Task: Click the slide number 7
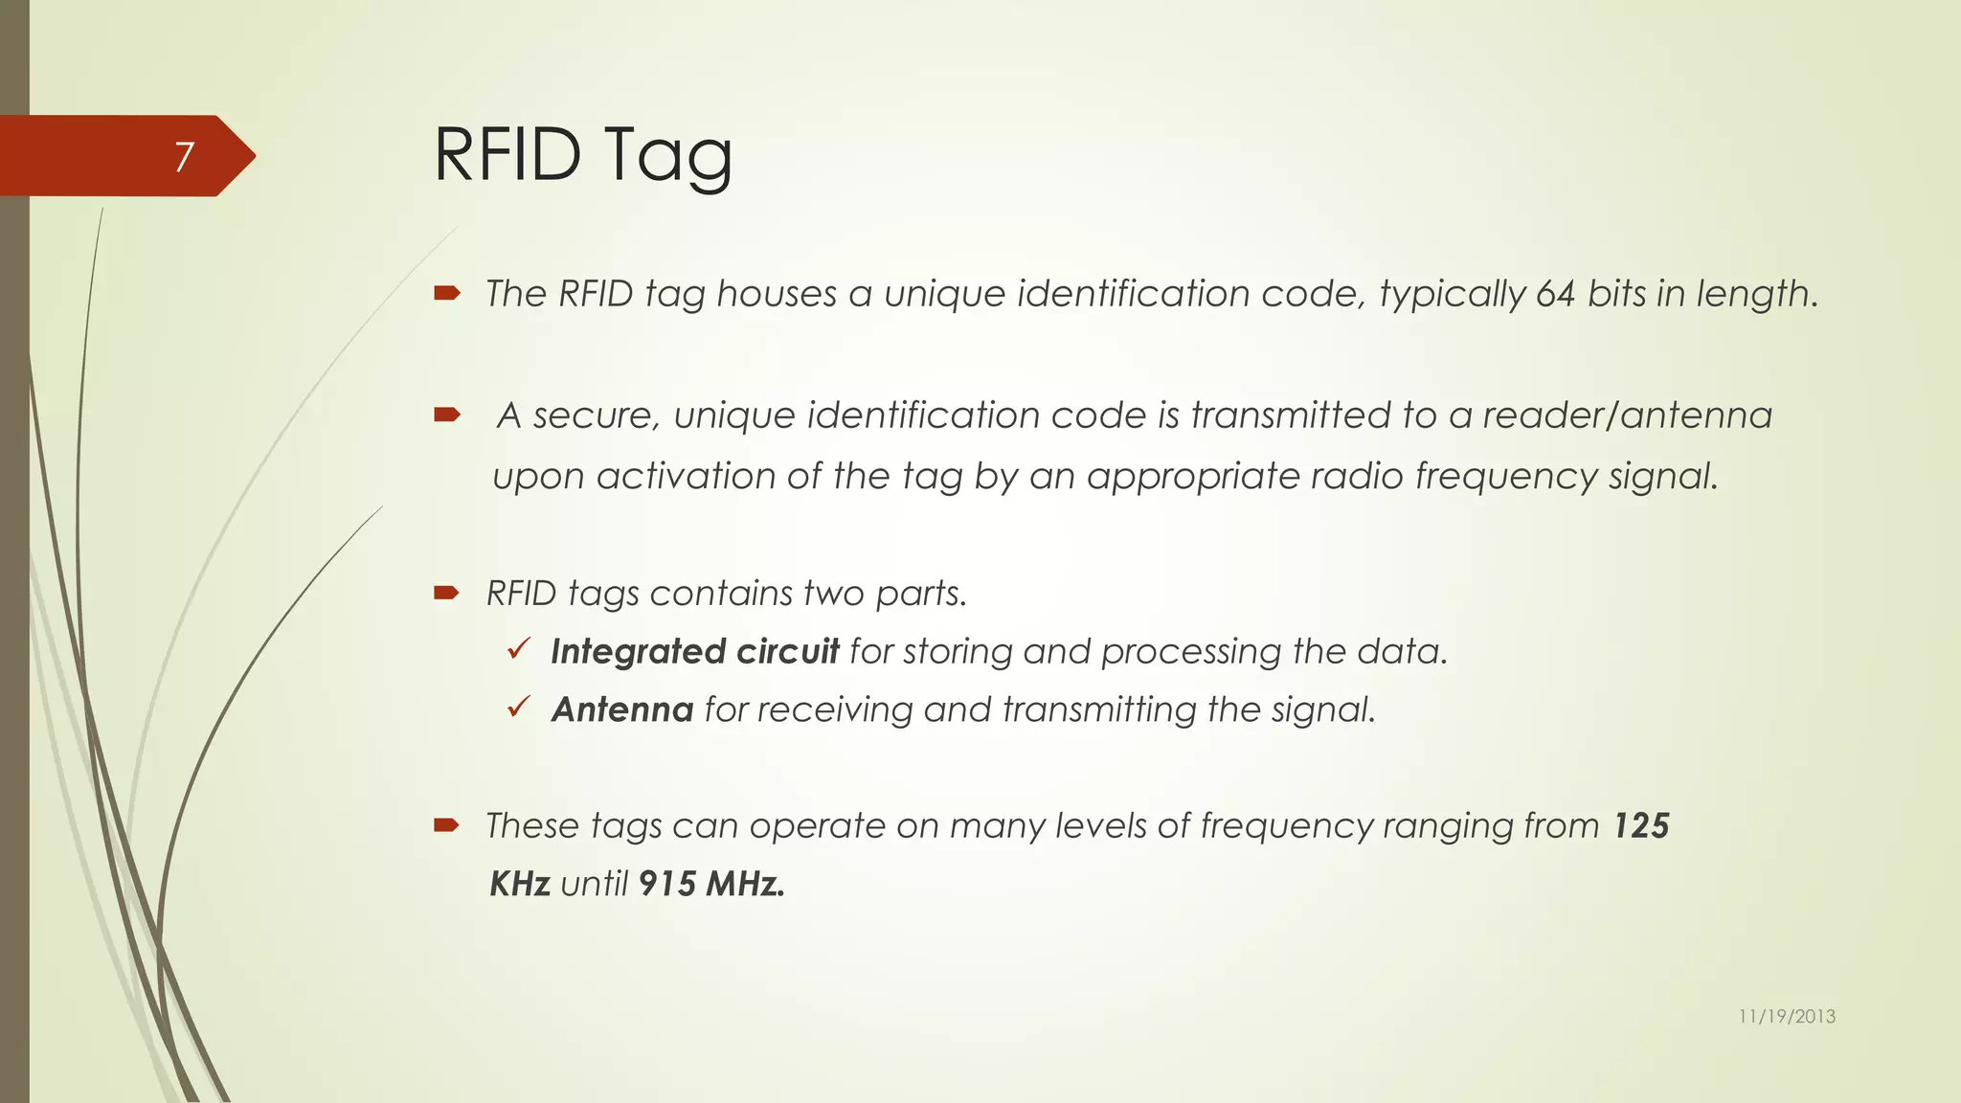pyautogui.click(x=184, y=156)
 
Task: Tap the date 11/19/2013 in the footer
pyautogui.click(x=1787, y=1017)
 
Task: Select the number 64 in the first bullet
pyautogui.click(x=1555, y=294)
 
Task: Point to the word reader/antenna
pyautogui.click(x=1627, y=416)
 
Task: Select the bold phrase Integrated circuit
pyautogui.click(x=694, y=652)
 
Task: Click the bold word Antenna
pyautogui.click(x=622, y=709)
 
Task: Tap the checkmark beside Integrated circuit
pyautogui.click(x=519, y=650)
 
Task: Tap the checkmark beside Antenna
pyautogui.click(x=519, y=708)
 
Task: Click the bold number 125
pyautogui.click(x=1641, y=825)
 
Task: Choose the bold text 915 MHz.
pyautogui.click(x=711, y=884)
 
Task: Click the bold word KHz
pyautogui.click(x=520, y=884)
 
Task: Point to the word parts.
pyautogui.click(x=921, y=594)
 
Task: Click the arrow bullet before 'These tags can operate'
pyautogui.click(x=447, y=824)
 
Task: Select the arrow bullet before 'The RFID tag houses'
pyautogui.click(x=447, y=293)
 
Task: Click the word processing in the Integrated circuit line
pyautogui.click(x=1190, y=652)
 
